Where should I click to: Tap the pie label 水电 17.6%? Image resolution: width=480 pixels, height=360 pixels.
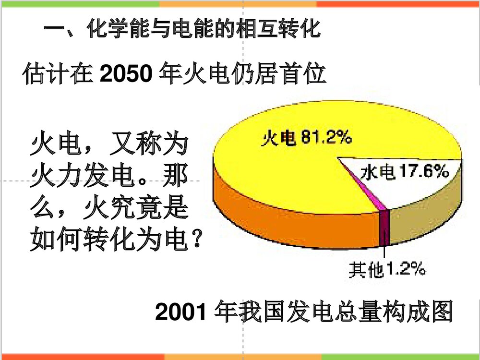[x=404, y=171]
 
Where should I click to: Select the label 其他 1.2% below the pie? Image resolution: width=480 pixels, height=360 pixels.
[x=387, y=270]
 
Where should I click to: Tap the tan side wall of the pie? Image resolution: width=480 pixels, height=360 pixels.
[x=432, y=211]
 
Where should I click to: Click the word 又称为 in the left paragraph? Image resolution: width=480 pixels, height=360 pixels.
[x=147, y=146]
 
